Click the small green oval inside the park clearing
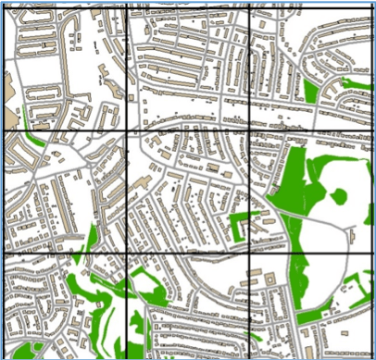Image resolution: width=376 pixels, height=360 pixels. [339, 196]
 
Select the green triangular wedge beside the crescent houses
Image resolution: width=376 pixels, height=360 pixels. [309, 90]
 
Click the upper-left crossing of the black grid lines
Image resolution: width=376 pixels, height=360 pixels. [126, 130]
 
